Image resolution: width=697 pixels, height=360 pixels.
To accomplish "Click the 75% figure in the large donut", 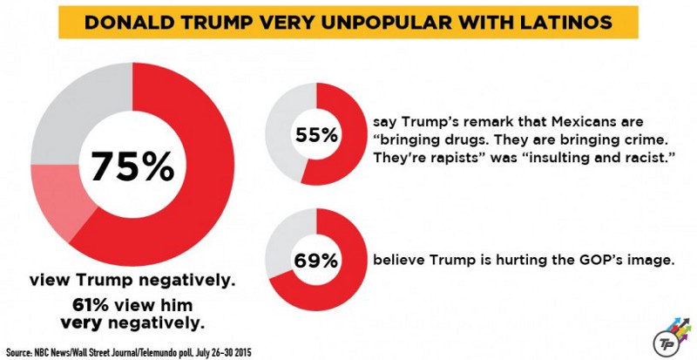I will (132, 165).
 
